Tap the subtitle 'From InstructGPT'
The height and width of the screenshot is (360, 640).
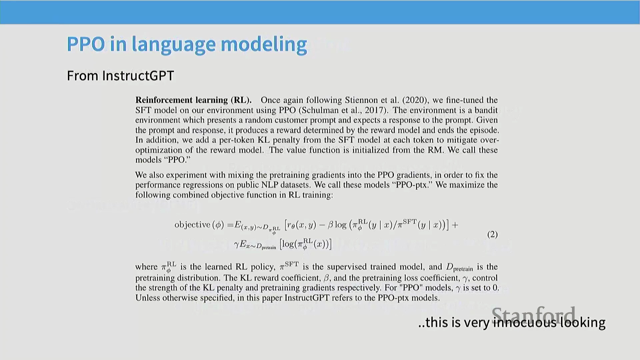click(x=120, y=76)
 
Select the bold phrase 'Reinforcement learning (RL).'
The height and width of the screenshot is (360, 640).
click(x=193, y=100)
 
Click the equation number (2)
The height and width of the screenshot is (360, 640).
click(x=492, y=234)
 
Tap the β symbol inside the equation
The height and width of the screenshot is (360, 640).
click(x=330, y=225)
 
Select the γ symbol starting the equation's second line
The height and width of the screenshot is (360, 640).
click(x=236, y=245)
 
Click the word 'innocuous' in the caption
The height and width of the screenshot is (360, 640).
click(x=525, y=322)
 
